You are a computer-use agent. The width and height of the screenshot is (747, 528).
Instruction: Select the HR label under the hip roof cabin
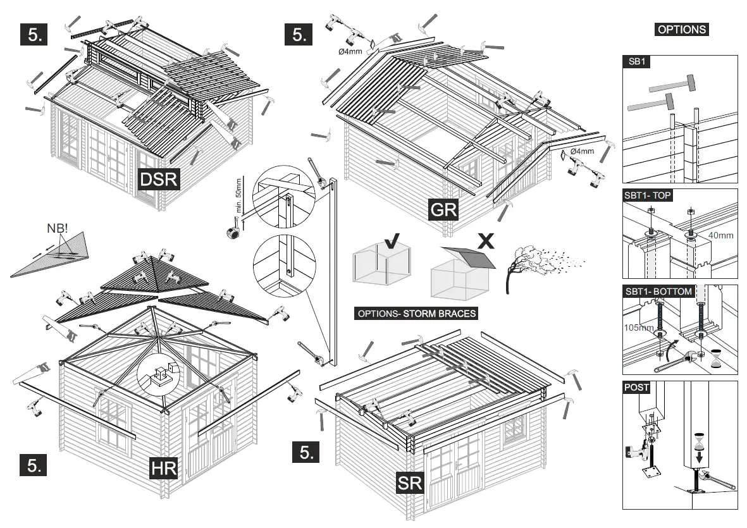click(x=163, y=469)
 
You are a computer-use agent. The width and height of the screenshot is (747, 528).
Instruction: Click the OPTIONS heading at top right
click(x=681, y=29)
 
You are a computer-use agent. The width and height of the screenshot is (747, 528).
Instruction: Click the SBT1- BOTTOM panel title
click(x=657, y=292)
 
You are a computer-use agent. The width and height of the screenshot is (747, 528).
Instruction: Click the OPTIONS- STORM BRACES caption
click(x=417, y=314)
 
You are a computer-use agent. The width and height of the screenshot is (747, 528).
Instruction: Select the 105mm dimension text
click(x=638, y=328)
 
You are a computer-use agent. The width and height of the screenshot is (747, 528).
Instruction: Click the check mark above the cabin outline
click(x=392, y=242)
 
